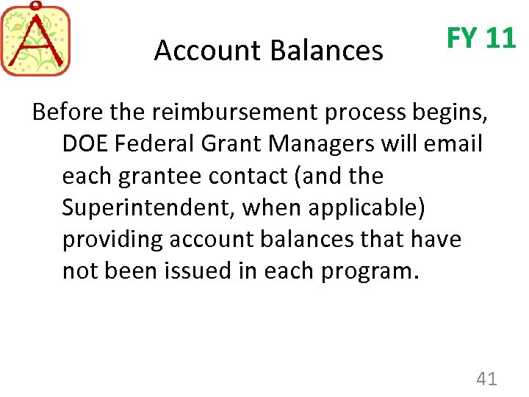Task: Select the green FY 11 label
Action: pos(481,37)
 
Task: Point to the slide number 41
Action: pos(486,379)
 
